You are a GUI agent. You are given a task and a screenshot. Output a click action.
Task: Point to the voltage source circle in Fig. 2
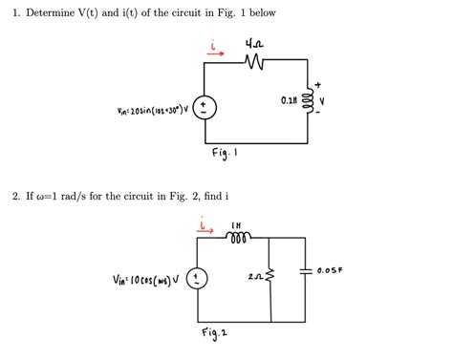[x=197, y=280]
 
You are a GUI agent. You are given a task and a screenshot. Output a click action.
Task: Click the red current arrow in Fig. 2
[x=204, y=230]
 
